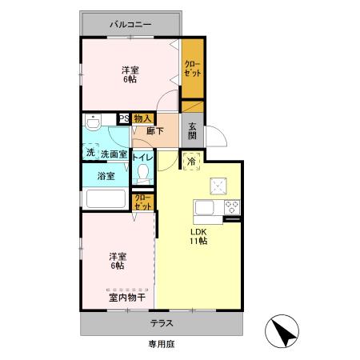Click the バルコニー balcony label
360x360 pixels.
[130, 25]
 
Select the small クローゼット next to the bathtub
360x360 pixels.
[142, 201]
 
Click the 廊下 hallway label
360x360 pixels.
[155, 130]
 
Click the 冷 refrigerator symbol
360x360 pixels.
[192, 160]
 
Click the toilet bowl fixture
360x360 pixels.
[144, 173]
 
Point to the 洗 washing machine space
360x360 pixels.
[90, 153]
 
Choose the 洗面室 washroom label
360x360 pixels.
[113, 153]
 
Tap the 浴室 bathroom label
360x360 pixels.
[106, 175]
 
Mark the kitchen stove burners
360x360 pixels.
[233, 209]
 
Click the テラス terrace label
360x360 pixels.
[163, 324]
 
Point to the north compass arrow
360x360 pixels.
[281, 330]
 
